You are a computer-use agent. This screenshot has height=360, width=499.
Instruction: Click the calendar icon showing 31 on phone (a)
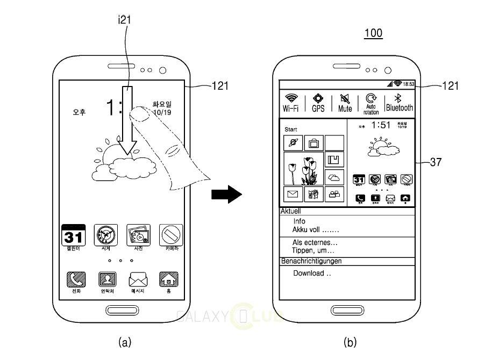pos(73,235)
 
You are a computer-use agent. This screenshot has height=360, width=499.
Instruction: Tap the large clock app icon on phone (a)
pos(105,235)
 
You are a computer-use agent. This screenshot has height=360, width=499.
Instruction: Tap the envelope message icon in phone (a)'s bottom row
pos(138,279)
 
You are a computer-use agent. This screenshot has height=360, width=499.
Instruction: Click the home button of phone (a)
pos(122,311)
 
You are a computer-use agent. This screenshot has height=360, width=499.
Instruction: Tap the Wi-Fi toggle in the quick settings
pos(291,102)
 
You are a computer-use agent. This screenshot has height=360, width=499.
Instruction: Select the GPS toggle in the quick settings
pos(318,102)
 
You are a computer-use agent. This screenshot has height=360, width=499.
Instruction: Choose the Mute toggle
pos(345,102)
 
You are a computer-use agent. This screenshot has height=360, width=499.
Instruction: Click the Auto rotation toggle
pos(371,102)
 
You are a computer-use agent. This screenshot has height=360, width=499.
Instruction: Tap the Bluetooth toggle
pos(400,102)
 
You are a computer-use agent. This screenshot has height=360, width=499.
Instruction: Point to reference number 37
pos(436,162)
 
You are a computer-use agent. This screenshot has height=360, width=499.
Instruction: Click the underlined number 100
pos(373,33)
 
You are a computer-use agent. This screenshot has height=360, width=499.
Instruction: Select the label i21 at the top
pos(124,20)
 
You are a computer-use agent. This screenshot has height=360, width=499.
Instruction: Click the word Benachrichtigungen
pos(311,261)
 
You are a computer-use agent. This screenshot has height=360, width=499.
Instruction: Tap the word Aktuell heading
pos(291,212)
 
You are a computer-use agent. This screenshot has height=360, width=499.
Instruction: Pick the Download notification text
pos(312,273)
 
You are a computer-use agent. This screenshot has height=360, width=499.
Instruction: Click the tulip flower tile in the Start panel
pos(303,169)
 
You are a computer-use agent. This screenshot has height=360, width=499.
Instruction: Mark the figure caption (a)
pos(124,342)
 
